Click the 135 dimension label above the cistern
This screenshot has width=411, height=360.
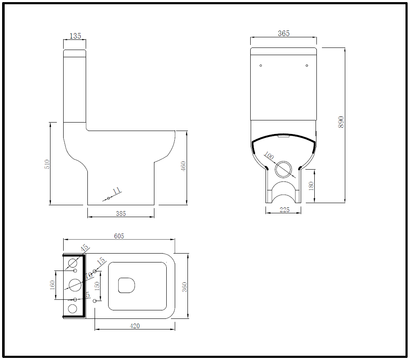pyautogui.click(x=75, y=36)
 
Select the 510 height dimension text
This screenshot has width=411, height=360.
pyautogui.click(x=47, y=164)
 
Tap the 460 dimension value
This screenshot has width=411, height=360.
pyautogui.click(x=183, y=167)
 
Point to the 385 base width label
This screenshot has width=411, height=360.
pyautogui.click(x=121, y=214)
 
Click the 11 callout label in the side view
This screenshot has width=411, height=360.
pyautogui.click(x=117, y=190)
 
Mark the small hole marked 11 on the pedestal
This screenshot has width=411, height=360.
pyautogui.click(x=109, y=198)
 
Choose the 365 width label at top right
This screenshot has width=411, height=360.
pyautogui.click(x=283, y=33)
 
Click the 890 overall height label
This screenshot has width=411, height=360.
pyautogui.click(x=341, y=122)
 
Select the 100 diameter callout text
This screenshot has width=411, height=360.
pyautogui.click(x=269, y=156)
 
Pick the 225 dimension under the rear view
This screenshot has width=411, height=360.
pyautogui.click(x=284, y=210)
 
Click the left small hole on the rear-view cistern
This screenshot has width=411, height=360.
pyautogui.click(x=260, y=65)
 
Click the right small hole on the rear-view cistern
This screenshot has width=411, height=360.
pyautogui.click(x=307, y=65)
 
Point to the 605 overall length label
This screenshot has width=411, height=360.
pyautogui.click(x=119, y=236)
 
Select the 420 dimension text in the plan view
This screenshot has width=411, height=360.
pyautogui.click(x=134, y=326)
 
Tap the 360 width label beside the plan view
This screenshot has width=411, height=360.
pyautogui.click(x=184, y=287)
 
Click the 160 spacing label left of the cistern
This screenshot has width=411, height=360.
pyautogui.click(x=52, y=285)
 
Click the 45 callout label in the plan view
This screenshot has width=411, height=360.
pyautogui.click(x=84, y=248)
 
